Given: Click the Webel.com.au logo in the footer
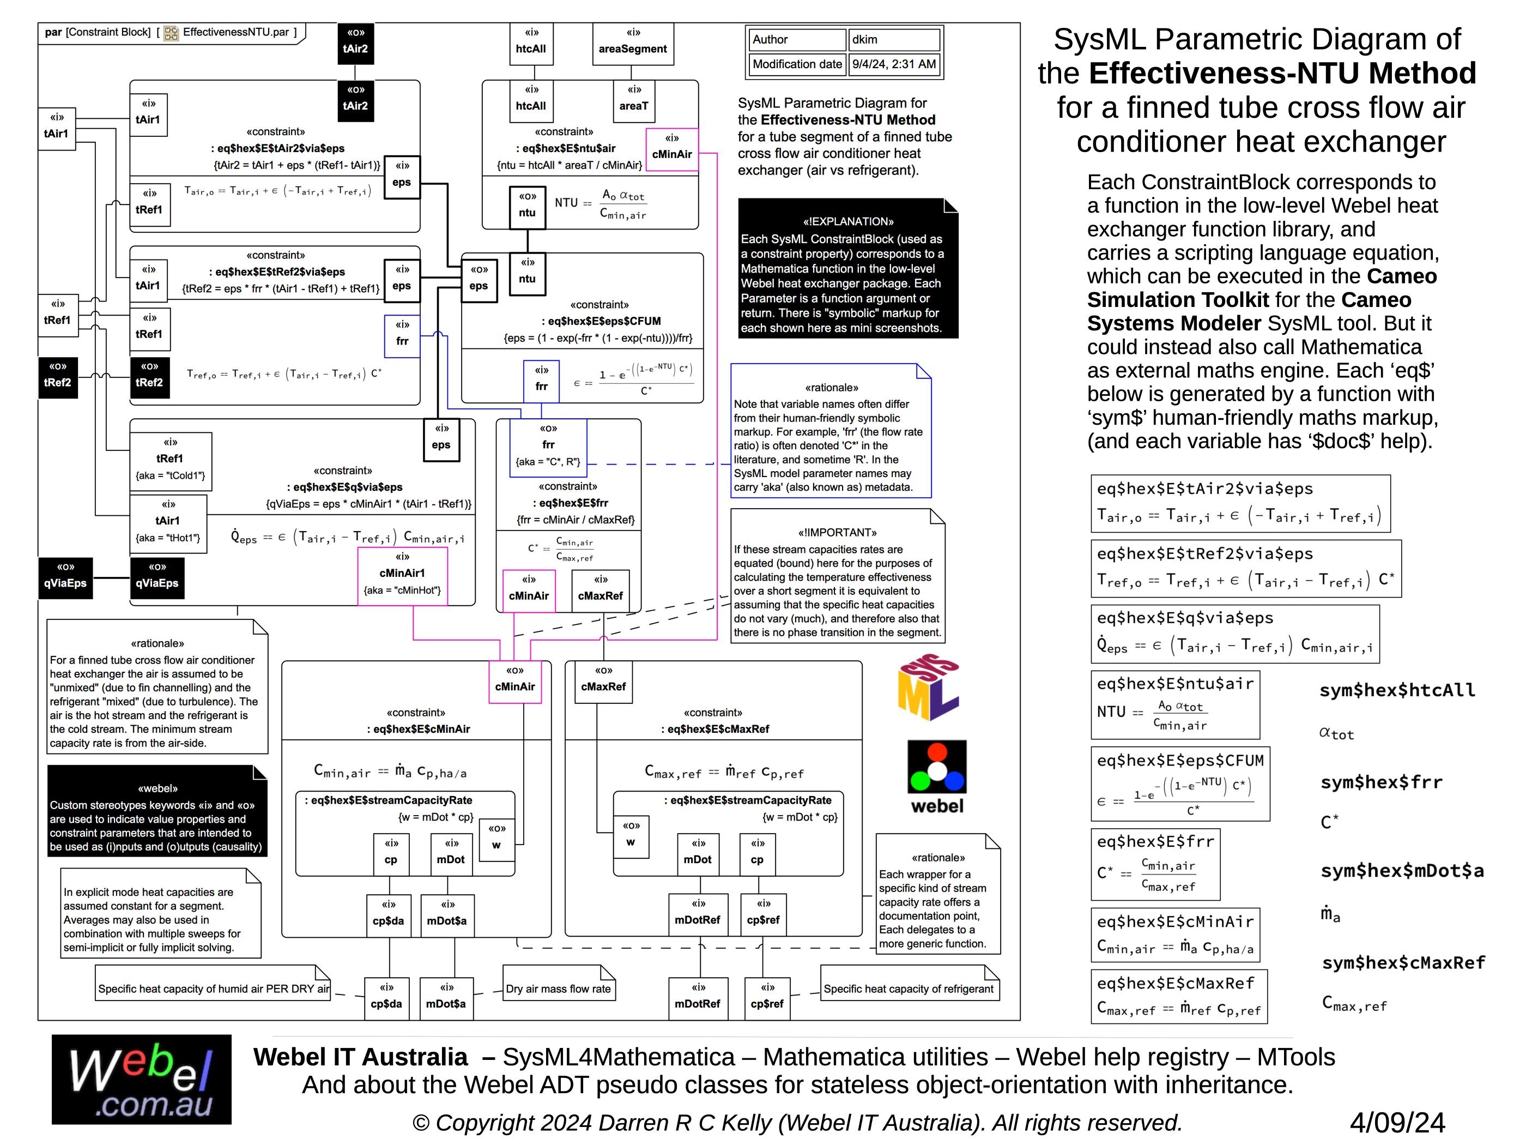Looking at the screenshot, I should (141, 1080).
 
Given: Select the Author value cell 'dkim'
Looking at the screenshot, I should (894, 40).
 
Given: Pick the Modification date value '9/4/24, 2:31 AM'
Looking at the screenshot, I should (894, 65).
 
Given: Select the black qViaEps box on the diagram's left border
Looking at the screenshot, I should (65, 577).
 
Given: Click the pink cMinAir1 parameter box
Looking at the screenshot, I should (402, 576).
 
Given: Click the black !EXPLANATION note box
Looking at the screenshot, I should (848, 269).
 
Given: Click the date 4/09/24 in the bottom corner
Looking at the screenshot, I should (1397, 1123).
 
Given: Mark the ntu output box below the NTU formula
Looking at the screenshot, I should (527, 206).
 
